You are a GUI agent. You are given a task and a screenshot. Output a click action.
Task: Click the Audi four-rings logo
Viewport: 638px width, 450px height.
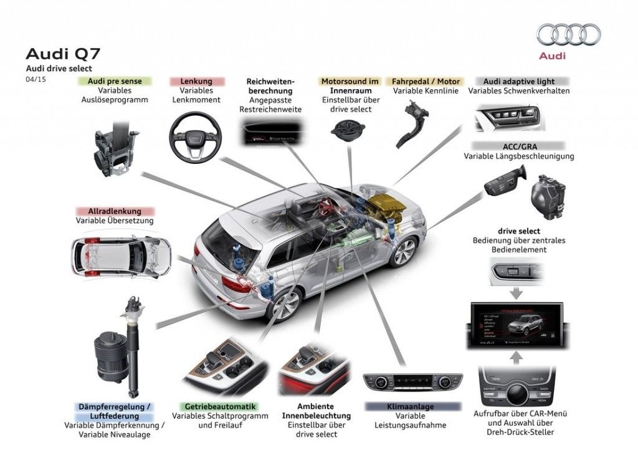click(x=568, y=34)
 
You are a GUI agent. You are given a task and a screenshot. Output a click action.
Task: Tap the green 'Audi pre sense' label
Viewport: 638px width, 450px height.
click(x=115, y=81)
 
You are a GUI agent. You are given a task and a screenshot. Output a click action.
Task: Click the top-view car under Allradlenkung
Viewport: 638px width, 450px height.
click(x=121, y=256)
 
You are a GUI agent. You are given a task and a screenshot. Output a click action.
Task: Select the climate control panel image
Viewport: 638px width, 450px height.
click(x=412, y=381)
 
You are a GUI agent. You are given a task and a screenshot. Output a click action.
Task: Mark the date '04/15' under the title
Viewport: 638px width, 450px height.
click(x=35, y=79)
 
